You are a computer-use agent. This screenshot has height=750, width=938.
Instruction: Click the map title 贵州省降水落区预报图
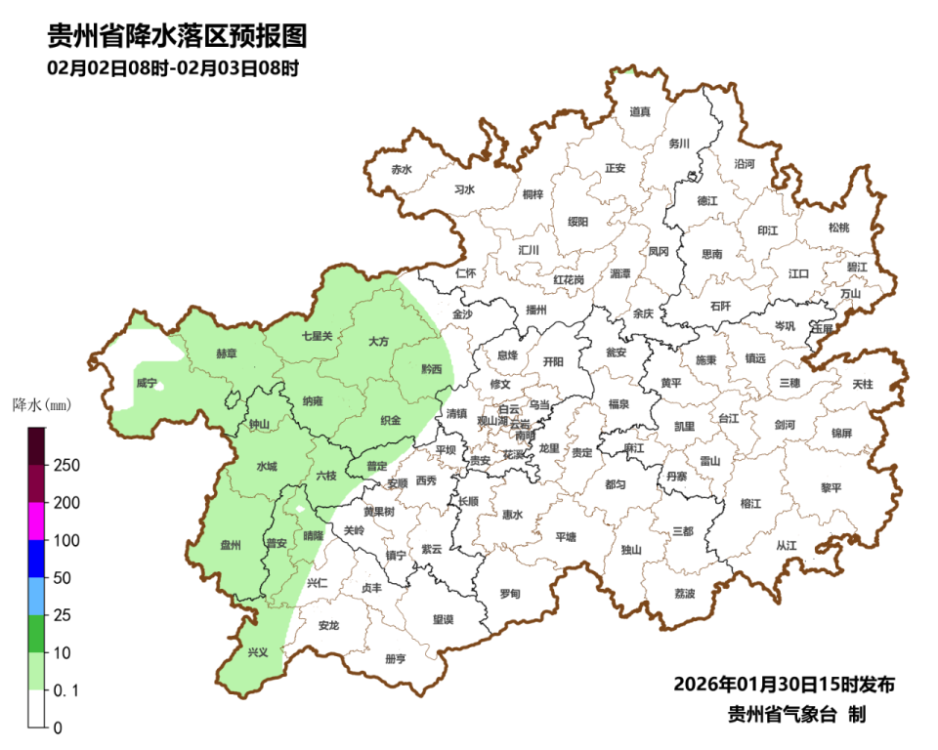pos(177,36)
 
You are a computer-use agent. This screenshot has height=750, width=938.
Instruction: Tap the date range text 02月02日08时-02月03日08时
pos(172,69)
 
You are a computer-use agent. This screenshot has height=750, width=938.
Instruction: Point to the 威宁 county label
pos(147,383)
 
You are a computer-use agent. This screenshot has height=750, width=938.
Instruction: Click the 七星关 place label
pos(317,336)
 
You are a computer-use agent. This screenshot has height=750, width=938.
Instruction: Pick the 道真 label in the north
pos(640,112)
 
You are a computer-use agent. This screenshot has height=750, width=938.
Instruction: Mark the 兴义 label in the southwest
pos(257,652)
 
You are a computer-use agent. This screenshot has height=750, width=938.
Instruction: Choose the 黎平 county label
pos(831,487)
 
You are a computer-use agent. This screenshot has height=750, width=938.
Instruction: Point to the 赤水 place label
pos(402,169)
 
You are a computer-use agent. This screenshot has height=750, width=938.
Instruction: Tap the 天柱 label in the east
pos(863,385)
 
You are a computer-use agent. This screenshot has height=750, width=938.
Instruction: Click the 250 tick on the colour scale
pos(66,465)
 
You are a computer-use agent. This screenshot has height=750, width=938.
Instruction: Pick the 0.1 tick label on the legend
pos(65,690)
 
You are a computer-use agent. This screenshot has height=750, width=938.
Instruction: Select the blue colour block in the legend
pos(36,559)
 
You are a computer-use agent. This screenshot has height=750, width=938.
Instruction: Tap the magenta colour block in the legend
pos(36,521)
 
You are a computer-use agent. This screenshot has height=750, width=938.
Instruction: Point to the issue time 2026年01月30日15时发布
pos(784,683)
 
